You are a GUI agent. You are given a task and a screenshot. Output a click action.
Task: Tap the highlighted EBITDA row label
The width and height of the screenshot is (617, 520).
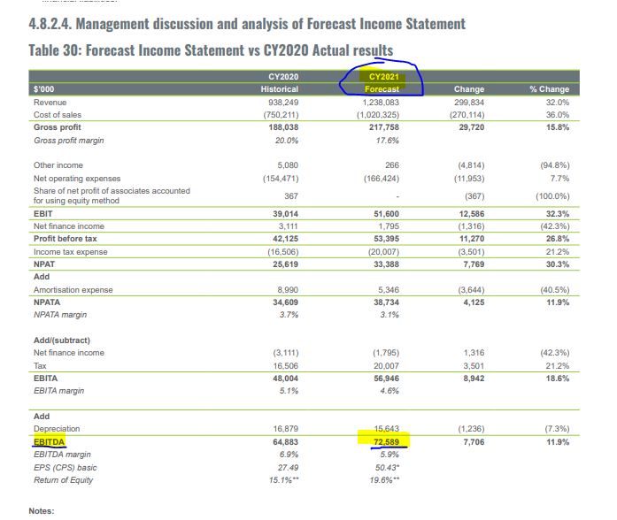(x=49, y=442)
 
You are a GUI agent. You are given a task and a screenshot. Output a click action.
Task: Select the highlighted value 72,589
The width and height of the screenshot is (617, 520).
(x=386, y=442)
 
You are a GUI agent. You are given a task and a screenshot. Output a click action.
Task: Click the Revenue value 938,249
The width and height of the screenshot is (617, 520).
(x=283, y=103)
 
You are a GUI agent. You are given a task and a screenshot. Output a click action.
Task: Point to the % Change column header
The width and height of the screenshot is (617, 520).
(x=550, y=89)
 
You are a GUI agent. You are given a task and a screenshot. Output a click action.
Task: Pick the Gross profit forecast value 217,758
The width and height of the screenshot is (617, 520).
(x=383, y=127)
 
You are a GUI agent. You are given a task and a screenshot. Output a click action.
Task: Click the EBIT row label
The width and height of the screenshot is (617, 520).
(x=42, y=214)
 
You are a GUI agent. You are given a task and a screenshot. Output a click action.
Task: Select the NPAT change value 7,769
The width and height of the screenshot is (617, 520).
(x=474, y=264)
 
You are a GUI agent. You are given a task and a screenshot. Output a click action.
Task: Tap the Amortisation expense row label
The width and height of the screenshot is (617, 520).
(x=73, y=290)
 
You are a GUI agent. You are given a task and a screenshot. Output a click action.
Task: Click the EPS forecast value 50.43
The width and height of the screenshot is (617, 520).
(x=387, y=467)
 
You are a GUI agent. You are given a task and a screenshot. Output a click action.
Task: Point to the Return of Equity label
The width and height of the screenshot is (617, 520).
(x=64, y=480)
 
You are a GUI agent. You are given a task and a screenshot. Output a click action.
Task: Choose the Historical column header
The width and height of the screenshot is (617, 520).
(x=280, y=89)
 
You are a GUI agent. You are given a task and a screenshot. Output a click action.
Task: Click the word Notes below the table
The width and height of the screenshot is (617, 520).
(x=42, y=511)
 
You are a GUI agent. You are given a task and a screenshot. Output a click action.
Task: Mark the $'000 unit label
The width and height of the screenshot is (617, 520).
(x=43, y=89)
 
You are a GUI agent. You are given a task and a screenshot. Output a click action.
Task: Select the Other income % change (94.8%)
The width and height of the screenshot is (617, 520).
(x=554, y=165)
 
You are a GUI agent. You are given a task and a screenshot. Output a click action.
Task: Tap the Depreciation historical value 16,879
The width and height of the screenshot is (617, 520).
(x=286, y=429)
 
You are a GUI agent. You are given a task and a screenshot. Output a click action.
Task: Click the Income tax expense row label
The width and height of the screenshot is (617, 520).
(x=71, y=252)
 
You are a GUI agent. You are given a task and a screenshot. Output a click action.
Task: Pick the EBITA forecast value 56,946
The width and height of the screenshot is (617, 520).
(x=386, y=379)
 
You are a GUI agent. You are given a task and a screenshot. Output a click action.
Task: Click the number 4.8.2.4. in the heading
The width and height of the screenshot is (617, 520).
(x=50, y=24)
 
